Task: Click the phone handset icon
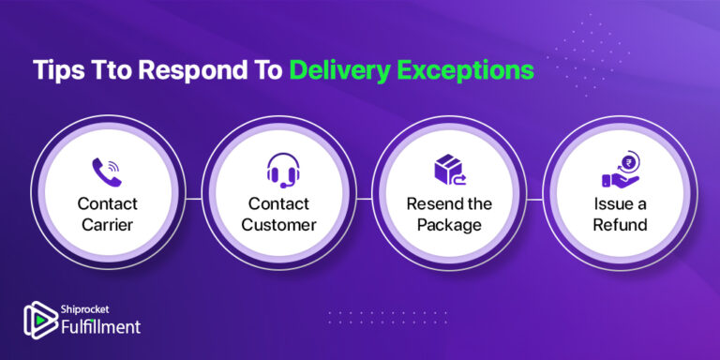click(x=107, y=171)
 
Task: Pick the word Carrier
click(x=107, y=225)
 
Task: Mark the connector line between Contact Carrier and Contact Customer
click(x=194, y=198)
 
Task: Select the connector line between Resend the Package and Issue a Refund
click(x=535, y=198)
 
